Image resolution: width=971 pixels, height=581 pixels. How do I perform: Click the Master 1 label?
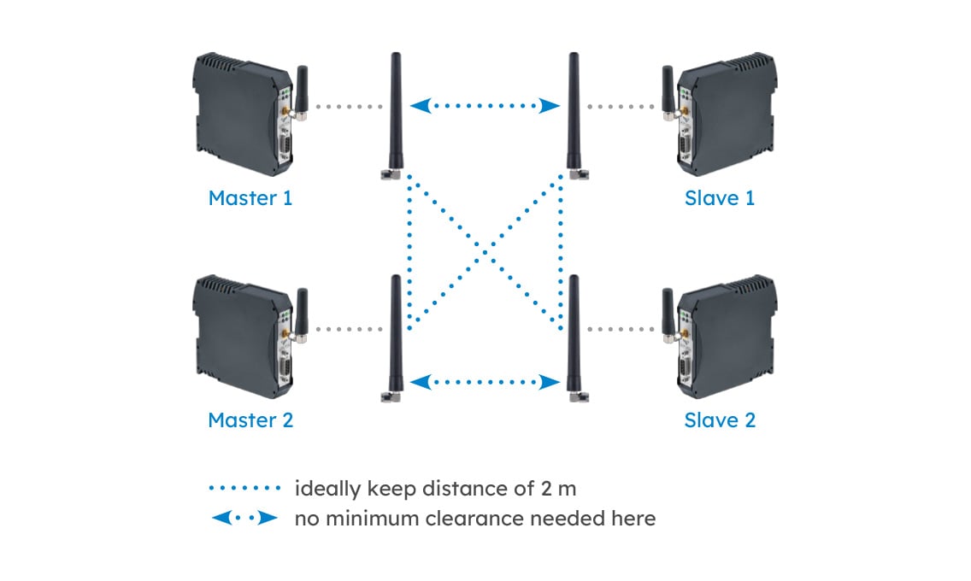pos(250,198)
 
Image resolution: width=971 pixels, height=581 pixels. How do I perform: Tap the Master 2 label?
pos(250,420)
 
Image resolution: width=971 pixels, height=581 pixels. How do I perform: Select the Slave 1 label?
pos(720,198)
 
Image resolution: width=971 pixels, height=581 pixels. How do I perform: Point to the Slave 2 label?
pos(720,420)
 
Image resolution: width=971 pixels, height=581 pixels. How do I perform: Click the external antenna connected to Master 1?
pos(396,115)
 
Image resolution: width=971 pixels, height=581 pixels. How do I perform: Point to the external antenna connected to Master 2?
pos(396,337)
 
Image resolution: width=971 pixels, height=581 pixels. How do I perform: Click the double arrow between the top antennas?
pos(486,107)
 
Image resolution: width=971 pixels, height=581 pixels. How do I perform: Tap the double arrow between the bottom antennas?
pos(486,381)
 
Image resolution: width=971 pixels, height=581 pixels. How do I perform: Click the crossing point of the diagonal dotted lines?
pos(486,249)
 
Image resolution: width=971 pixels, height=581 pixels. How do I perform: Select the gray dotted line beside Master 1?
pos(348,107)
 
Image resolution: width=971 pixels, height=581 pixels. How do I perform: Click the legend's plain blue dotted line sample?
pos(244,489)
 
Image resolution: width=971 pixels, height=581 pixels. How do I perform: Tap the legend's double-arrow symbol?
pos(244,518)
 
